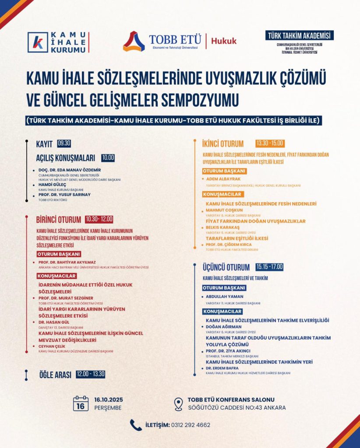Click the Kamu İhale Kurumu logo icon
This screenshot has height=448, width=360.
point(38,42)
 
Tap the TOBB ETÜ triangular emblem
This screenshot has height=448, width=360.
point(134,42)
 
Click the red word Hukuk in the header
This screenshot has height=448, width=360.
point(224,41)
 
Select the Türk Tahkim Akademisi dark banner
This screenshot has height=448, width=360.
point(299,36)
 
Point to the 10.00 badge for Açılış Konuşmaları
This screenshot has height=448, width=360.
point(108,157)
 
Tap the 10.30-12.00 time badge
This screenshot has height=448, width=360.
point(99,219)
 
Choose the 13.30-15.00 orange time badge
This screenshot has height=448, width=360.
point(270,143)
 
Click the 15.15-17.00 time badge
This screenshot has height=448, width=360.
point(270,267)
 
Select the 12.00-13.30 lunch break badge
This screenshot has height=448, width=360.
point(90,374)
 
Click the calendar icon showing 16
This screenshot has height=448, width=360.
point(81,403)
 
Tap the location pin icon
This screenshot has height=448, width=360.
point(178,404)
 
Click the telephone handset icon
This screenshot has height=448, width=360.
point(136,425)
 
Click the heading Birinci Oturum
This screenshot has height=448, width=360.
point(59,220)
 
